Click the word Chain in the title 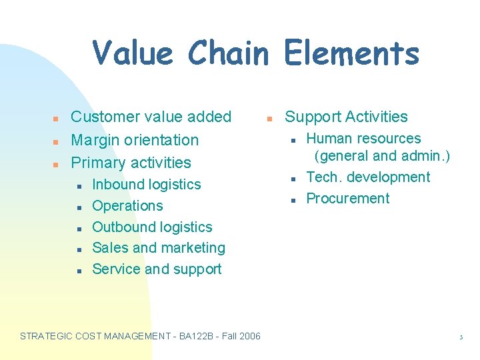click(x=228, y=53)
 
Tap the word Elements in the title click(x=351, y=53)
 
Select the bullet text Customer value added click(x=151, y=117)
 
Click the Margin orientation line click(x=135, y=140)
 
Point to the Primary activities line click(x=131, y=163)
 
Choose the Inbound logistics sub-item click(x=146, y=185)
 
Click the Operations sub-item click(x=127, y=206)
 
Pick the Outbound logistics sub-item click(x=152, y=227)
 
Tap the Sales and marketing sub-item click(x=159, y=248)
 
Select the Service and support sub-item click(x=157, y=269)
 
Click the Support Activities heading click(x=346, y=117)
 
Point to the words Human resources click(x=363, y=139)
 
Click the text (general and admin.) click(x=382, y=156)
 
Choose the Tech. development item click(x=368, y=177)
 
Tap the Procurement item click(x=347, y=199)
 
